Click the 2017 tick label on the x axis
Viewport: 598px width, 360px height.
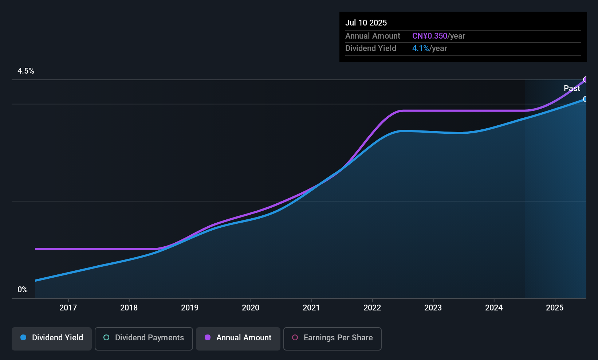click(x=68, y=308)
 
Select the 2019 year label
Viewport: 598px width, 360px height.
click(x=190, y=308)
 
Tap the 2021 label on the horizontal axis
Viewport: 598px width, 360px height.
click(x=311, y=308)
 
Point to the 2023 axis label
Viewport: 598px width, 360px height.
click(x=433, y=308)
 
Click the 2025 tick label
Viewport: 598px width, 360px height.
click(x=555, y=308)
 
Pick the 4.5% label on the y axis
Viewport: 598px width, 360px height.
click(x=26, y=71)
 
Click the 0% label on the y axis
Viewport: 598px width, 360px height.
click(x=23, y=290)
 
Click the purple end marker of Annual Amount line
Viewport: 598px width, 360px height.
click(x=586, y=79)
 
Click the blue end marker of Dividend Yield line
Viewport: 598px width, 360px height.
click(x=585, y=99)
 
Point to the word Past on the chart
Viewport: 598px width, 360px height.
click(x=572, y=89)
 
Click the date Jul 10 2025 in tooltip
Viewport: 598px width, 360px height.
click(x=366, y=23)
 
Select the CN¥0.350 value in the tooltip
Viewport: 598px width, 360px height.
click(x=430, y=36)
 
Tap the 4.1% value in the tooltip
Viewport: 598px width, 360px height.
click(x=420, y=48)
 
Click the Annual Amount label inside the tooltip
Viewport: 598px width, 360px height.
click(x=373, y=36)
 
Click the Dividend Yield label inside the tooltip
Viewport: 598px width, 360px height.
click(x=371, y=48)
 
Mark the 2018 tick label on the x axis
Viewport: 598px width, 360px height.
click(x=129, y=308)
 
